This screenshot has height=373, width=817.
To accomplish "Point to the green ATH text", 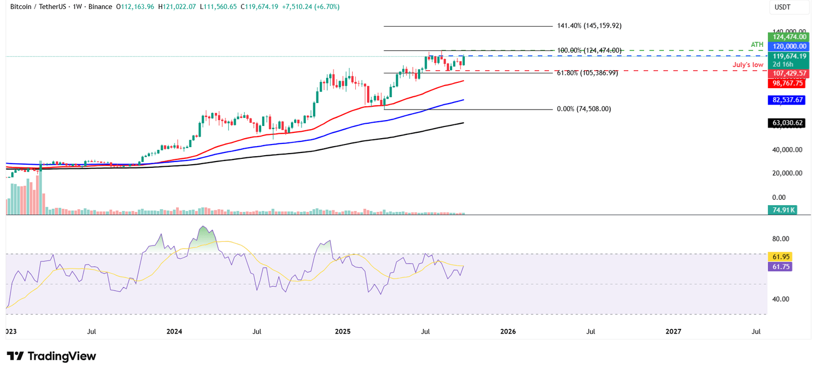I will click(x=757, y=44).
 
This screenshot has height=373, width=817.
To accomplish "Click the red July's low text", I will click(x=748, y=64).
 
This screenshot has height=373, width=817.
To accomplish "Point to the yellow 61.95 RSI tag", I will click(x=780, y=257).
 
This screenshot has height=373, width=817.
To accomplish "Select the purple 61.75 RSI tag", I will click(x=780, y=267).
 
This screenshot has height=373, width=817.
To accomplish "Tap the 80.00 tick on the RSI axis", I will click(x=780, y=239).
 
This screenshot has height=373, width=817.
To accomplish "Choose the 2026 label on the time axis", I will click(x=508, y=332).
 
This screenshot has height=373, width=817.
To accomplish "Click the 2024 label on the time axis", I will click(x=174, y=332).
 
